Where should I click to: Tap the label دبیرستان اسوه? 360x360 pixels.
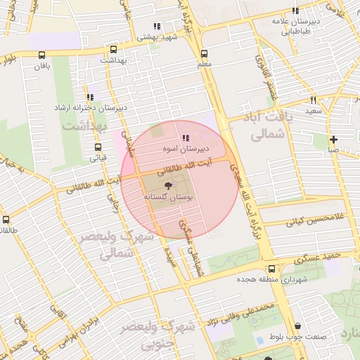coord(186,149)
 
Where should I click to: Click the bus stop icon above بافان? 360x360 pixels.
coord(43,56)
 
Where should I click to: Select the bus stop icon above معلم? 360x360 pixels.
coord(204,53)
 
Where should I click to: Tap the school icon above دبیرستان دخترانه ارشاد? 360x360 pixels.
coord(89,98)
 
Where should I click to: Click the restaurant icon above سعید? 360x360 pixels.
coord(314,100)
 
